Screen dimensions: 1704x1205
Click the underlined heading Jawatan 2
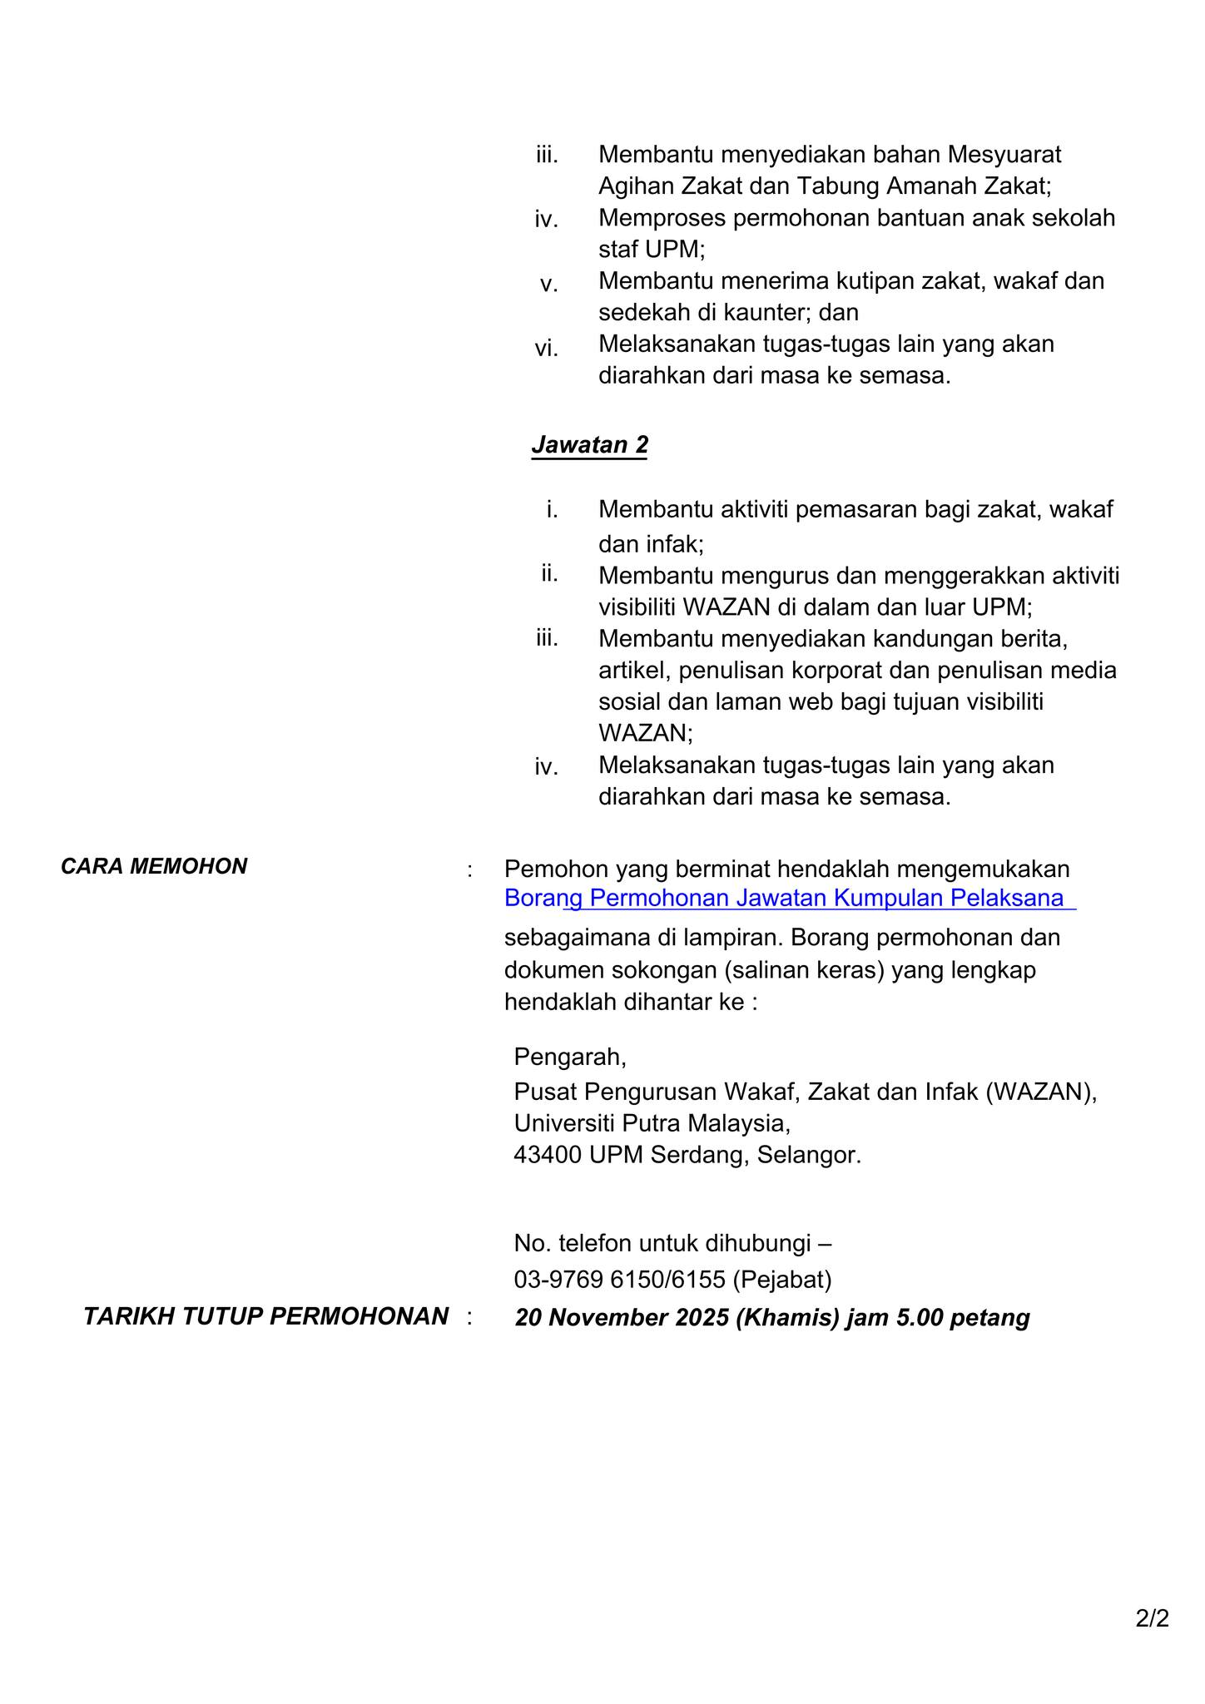click(x=589, y=445)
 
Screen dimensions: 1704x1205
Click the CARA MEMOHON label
click(x=154, y=866)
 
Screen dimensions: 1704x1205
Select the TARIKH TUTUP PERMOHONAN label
click(x=265, y=1316)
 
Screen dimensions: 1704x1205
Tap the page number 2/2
click(x=1153, y=1618)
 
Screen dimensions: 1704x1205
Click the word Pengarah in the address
click(x=569, y=1057)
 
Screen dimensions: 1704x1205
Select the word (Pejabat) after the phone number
click(x=782, y=1280)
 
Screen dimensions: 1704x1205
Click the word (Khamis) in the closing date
click(x=787, y=1318)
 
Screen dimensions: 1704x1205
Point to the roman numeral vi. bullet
click(x=546, y=349)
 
